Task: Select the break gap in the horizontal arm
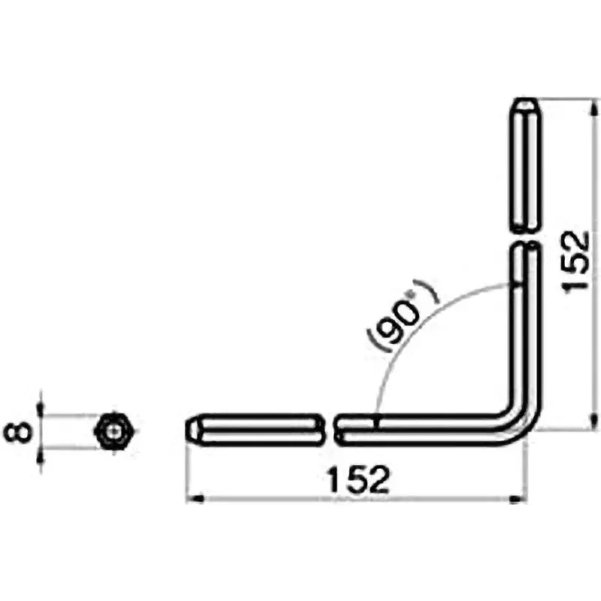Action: pyautogui.click(x=327, y=430)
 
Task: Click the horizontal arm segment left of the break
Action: pyautogui.click(x=255, y=430)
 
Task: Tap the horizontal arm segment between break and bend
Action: pyautogui.click(x=421, y=430)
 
